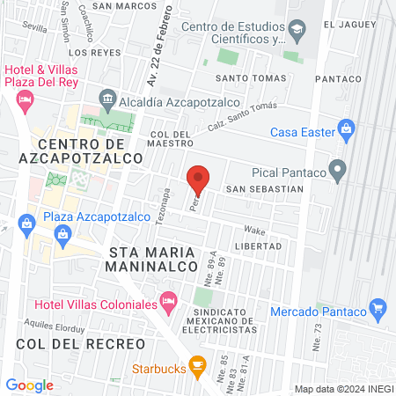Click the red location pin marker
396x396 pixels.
[x=199, y=180]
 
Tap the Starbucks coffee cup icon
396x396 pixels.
[x=198, y=363]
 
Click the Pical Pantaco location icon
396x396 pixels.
[x=337, y=168]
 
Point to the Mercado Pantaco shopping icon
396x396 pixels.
[x=378, y=307]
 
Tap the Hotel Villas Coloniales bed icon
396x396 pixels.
[x=169, y=305]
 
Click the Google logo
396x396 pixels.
[x=29, y=385]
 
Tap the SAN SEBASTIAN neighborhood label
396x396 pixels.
[x=264, y=189]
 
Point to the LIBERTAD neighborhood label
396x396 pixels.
[x=258, y=246]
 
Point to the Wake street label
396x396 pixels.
[x=254, y=227]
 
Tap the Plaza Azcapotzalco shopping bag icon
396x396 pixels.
[x=62, y=233]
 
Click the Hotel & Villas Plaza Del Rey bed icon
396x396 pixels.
[x=24, y=100]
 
